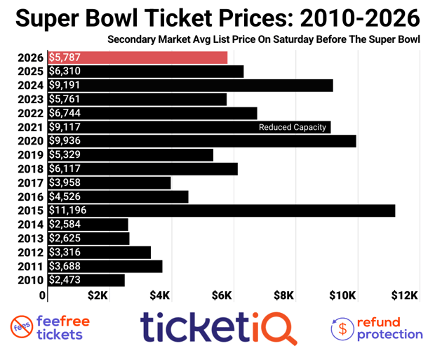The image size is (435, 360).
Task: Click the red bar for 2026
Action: tap(137, 58)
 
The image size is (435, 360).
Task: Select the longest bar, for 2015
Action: tap(221, 211)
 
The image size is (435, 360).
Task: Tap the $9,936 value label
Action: tap(65, 141)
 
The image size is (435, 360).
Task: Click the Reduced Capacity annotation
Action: tap(293, 127)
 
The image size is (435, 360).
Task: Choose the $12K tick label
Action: tap(406, 295)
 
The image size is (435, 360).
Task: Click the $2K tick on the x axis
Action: tap(98, 295)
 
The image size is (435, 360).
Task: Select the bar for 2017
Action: tap(109, 182)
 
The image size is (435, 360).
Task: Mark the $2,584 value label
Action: tap(65, 225)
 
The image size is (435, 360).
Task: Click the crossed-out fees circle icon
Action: tap(23, 328)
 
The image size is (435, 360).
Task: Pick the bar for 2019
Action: tap(130, 155)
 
